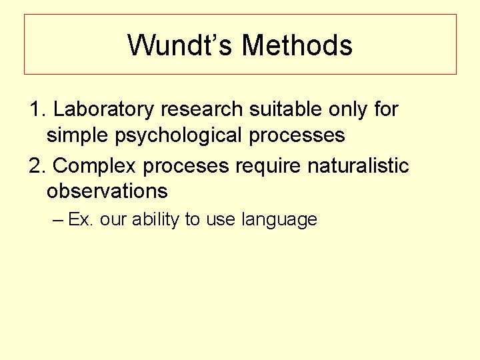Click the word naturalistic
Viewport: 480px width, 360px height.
click(358, 165)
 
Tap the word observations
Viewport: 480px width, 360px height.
click(107, 191)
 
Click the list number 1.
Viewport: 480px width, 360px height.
click(37, 109)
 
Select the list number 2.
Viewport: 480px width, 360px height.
click(37, 165)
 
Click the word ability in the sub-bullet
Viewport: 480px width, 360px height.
click(157, 220)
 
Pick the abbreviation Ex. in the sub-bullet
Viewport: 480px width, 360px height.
click(81, 220)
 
